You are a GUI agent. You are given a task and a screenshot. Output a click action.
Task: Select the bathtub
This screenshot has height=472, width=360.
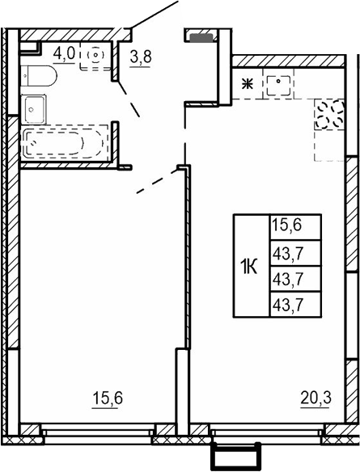tap(64, 142)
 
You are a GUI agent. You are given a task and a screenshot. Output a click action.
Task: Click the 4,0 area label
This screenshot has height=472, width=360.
tap(64, 53)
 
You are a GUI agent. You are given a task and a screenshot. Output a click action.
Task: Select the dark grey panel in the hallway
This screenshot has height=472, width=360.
tap(201, 36)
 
